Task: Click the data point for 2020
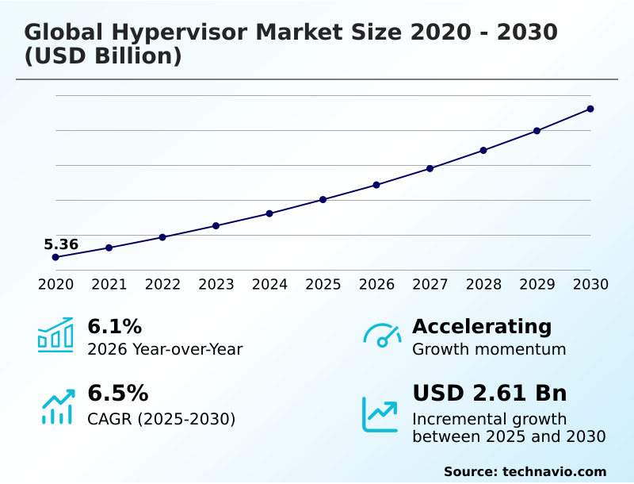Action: pos(55,257)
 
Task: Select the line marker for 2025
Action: pos(323,199)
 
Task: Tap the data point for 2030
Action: pos(590,109)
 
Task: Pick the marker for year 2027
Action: pos(430,168)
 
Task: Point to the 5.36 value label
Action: pos(61,244)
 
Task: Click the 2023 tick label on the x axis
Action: pos(216,285)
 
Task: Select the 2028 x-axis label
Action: pos(483,285)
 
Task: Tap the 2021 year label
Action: pos(109,285)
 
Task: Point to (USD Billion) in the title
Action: pos(103,57)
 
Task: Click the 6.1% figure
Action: pos(114,326)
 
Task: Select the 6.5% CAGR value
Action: pos(117,393)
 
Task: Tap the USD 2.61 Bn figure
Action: pos(490,393)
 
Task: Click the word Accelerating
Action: pos(482,326)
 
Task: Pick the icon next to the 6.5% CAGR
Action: pos(57,406)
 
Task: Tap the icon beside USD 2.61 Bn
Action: pos(380,413)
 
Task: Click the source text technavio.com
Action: pos(554,471)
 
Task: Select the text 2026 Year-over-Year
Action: pos(165,349)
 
